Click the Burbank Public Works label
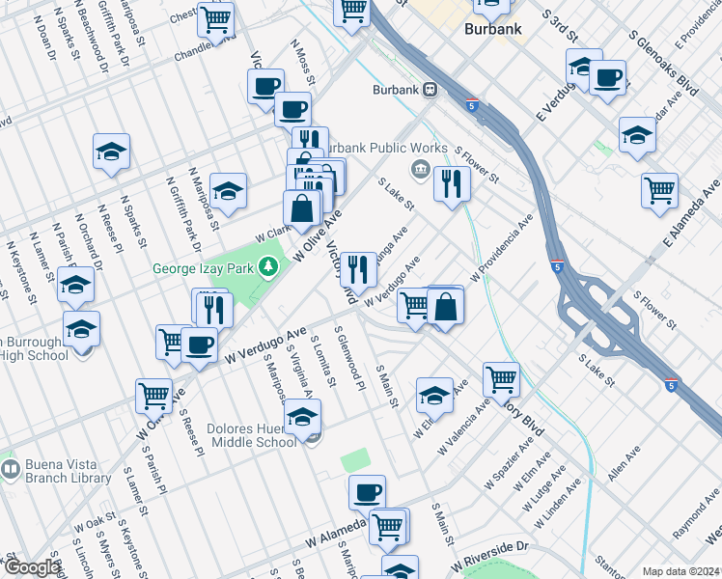click(383, 148)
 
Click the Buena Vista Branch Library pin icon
click(11, 470)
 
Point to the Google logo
click(32, 567)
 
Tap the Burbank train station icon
click(430, 91)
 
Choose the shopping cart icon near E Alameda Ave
click(660, 189)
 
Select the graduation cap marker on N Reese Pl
click(112, 152)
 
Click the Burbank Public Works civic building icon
click(422, 171)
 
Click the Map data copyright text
click(680, 571)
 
